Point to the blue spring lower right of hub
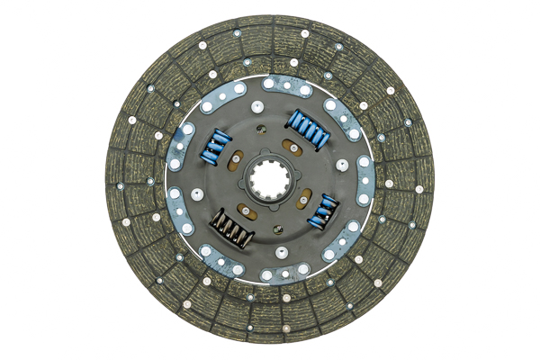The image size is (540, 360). point(321,210)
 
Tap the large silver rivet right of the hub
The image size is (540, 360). point(342,165)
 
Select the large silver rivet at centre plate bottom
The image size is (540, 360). point(282,252)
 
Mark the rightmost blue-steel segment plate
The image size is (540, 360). point(364,180)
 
